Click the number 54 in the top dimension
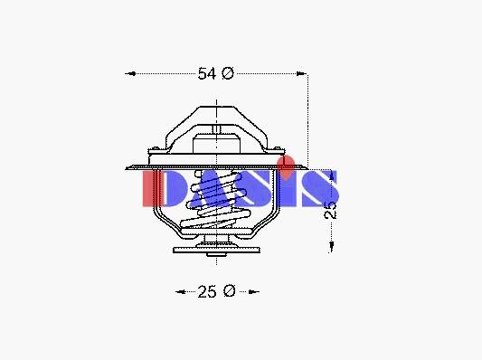(207, 74)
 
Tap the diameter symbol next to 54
(228, 73)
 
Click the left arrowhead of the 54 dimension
(130, 74)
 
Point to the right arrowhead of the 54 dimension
(301, 74)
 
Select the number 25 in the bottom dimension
(207, 291)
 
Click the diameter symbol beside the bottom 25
(229, 291)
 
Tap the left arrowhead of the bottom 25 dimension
(181, 291)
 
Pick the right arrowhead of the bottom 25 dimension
(254, 291)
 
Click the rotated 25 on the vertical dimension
(331, 210)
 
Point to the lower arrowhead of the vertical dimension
(331, 247)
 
